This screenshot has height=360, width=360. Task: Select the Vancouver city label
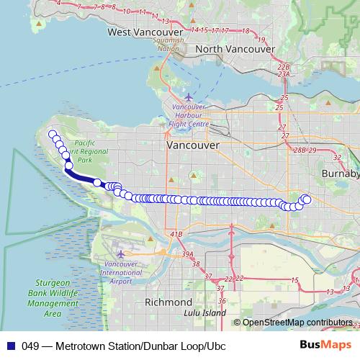(x=192, y=145)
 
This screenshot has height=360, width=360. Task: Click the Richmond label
(x=168, y=302)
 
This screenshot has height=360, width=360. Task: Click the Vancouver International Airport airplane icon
(x=120, y=253)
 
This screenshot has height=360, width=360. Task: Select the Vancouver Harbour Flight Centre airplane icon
(x=189, y=97)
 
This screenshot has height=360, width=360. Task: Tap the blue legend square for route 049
(x=12, y=346)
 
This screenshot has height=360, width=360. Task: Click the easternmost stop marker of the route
(x=307, y=199)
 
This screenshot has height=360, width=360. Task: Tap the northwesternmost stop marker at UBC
(x=52, y=134)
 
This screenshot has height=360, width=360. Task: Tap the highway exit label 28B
(x=300, y=150)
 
